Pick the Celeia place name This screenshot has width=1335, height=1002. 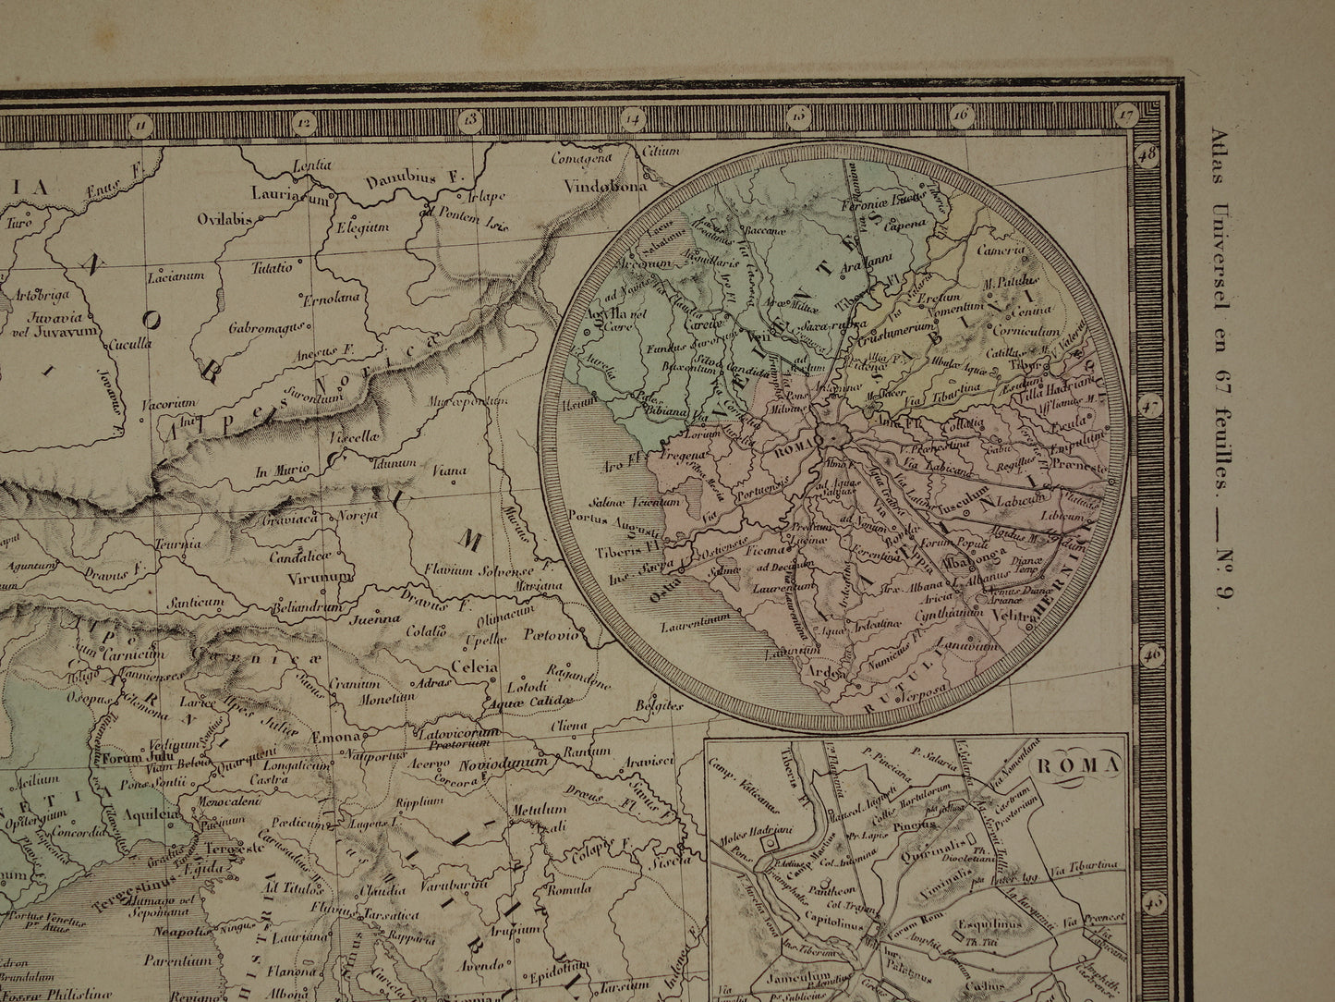[473, 666]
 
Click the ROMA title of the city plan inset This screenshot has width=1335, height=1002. [1076, 764]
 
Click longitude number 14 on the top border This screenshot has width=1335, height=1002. [633, 117]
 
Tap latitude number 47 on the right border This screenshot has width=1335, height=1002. [1150, 405]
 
